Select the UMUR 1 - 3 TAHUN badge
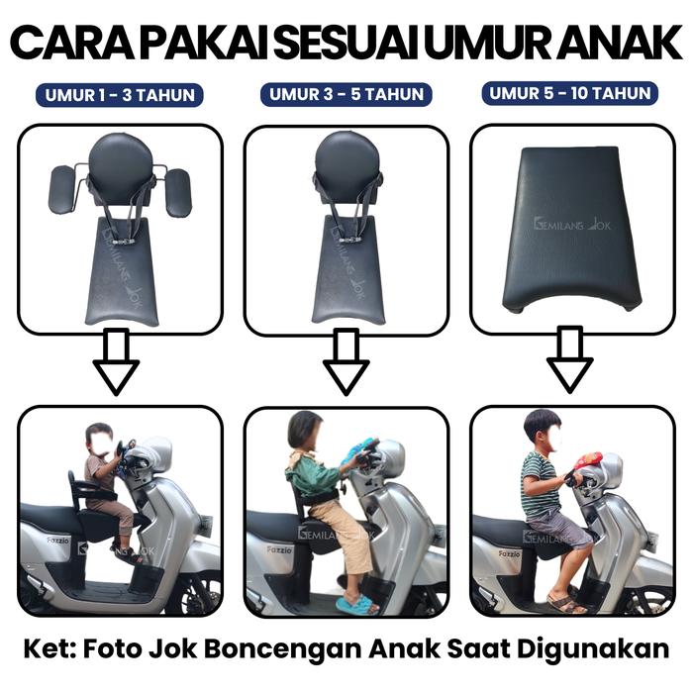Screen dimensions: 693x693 [x=120, y=95]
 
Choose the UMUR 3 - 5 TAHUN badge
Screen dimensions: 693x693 [x=346, y=94]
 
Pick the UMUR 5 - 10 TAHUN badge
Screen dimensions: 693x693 [x=569, y=93]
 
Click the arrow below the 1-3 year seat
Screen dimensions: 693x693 [x=116, y=361]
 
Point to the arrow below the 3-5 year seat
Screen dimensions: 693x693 [x=346, y=361]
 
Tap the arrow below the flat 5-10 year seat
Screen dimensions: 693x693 [x=569, y=360]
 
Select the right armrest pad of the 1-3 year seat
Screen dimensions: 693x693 [x=178, y=192]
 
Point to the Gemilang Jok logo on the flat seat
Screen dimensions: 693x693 [x=572, y=224]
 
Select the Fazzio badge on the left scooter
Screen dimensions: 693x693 [x=57, y=541]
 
